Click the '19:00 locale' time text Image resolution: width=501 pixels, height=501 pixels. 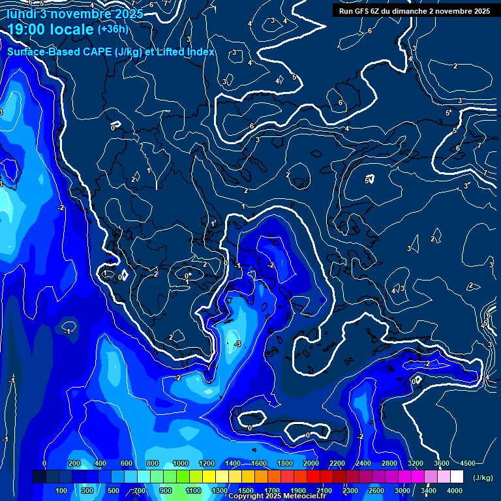(50, 29)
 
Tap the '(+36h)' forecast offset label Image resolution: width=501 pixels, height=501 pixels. (113, 29)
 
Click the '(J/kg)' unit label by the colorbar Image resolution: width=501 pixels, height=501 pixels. (482, 478)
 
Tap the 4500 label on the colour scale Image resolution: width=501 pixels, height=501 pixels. (467, 463)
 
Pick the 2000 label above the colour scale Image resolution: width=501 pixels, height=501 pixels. (311, 463)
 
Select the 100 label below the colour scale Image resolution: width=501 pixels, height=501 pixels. (62, 491)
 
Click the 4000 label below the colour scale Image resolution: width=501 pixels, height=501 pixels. (455, 491)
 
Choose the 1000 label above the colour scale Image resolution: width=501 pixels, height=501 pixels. (181, 463)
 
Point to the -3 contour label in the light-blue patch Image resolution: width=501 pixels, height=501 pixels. (237, 344)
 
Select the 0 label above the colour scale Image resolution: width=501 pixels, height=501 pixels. (44, 463)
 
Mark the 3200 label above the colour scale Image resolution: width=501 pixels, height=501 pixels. (416, 463)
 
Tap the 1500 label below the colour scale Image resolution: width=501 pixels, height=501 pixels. (246, 491)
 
